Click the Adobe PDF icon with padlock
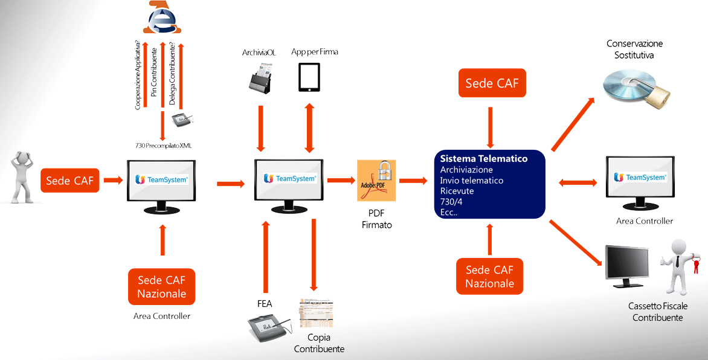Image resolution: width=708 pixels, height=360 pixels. coord(376,180)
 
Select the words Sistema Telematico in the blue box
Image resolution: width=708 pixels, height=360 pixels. coord(484,159)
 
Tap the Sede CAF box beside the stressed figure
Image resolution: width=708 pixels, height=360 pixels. coord(70,181)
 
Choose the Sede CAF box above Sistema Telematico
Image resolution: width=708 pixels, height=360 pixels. coord(492,83)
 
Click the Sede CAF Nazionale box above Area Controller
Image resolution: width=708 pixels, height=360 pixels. coord(161,286)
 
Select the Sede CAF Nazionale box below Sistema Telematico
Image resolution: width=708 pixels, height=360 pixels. coord(489,277)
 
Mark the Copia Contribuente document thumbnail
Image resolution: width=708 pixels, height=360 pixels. coord(316,313)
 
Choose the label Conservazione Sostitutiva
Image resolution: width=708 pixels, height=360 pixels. coord(634,50)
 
